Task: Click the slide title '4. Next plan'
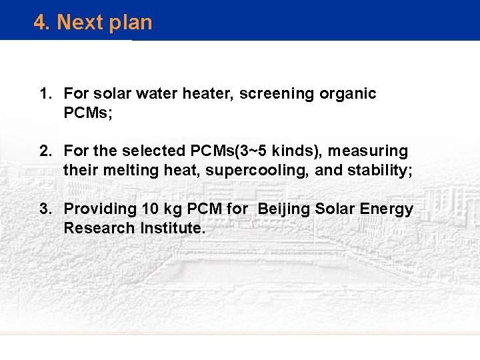pos(93,23)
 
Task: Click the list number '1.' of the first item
pos(45,94)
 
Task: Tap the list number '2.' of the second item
pos(45,152)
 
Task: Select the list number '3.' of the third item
pos(45,209)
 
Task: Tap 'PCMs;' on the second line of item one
pos(88,113)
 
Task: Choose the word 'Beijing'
pos(283,210)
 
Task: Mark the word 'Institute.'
pos(173,228)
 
